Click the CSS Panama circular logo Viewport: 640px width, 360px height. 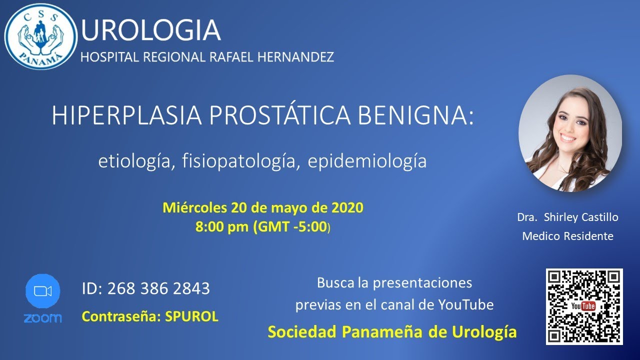[x=40, y=36]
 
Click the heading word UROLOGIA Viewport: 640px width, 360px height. [x=150, y=30]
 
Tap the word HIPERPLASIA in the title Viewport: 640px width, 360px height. [x=127, y=116]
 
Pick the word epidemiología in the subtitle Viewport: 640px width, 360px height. [x=367, y=161]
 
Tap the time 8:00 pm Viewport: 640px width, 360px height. [x=222, y=226]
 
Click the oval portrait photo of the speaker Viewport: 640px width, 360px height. [x=570, y=133]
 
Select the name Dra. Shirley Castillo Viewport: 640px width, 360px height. [x=567, y=217]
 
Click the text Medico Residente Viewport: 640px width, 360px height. [x=567, y=236]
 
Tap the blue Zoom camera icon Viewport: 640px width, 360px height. [x=42, y=291]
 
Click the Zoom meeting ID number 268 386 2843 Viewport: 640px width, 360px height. [x=158, y=288]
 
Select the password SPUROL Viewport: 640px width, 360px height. [x=192, y=316]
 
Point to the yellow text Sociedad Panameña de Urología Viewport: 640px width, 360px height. [x=392, y=331]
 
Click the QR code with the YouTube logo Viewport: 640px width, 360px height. [x=584, y=306]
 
